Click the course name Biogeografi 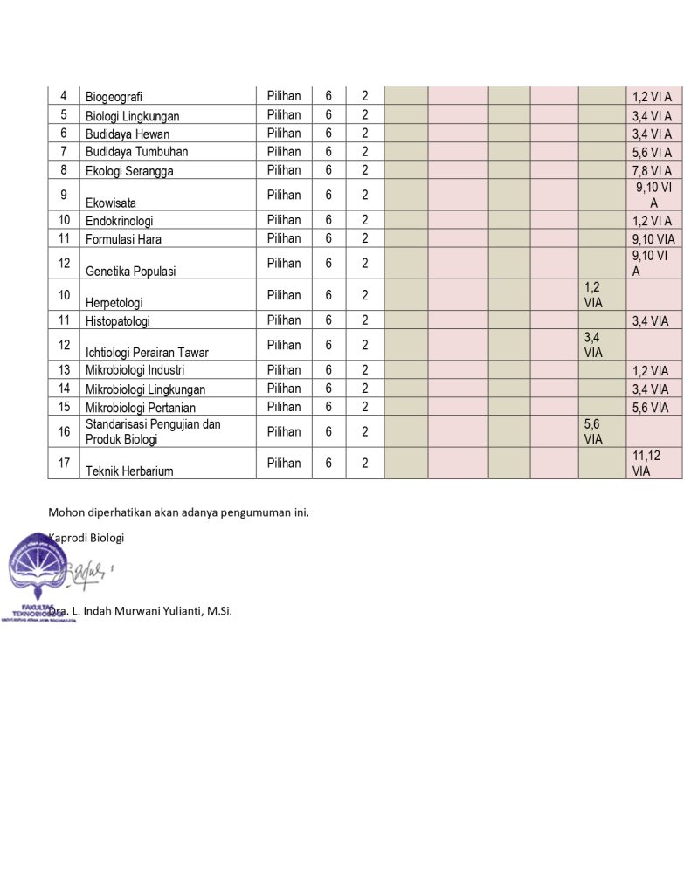[114, 97]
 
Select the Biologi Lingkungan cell [132, 116]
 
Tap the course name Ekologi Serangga [129, 171]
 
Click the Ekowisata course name [111, 203]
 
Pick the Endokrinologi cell [119, 221]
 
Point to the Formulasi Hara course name [123, 239]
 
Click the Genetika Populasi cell [130, 271]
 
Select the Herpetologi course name [114, 302]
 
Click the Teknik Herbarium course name [129, 471]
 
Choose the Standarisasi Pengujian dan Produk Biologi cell [153, 431]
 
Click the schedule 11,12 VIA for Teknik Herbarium [647, 463]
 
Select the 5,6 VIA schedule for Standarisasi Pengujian [593, 431]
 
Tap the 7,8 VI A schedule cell [652, 170]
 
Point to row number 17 [64, 463]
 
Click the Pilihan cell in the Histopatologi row [284, 320]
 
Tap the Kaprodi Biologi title [86, 537]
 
